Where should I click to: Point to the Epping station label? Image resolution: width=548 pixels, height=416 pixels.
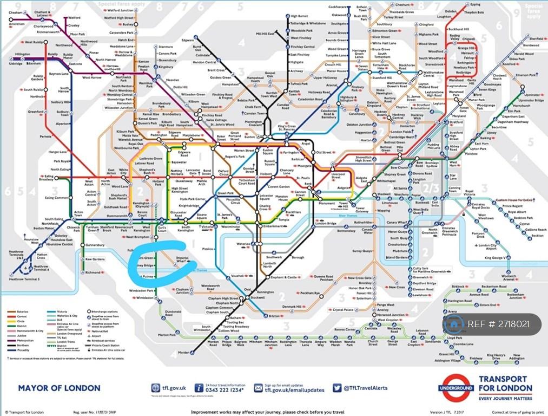click(x=476, y=4)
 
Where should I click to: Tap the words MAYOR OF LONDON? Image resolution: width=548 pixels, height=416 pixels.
click(x=59, y=388)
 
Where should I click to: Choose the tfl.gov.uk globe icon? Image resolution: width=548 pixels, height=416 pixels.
click(x=156, y=388)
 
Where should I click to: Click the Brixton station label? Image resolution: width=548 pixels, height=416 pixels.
click(x=276, y=316)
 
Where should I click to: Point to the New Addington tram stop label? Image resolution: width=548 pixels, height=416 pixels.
click(x=517, y=357)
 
